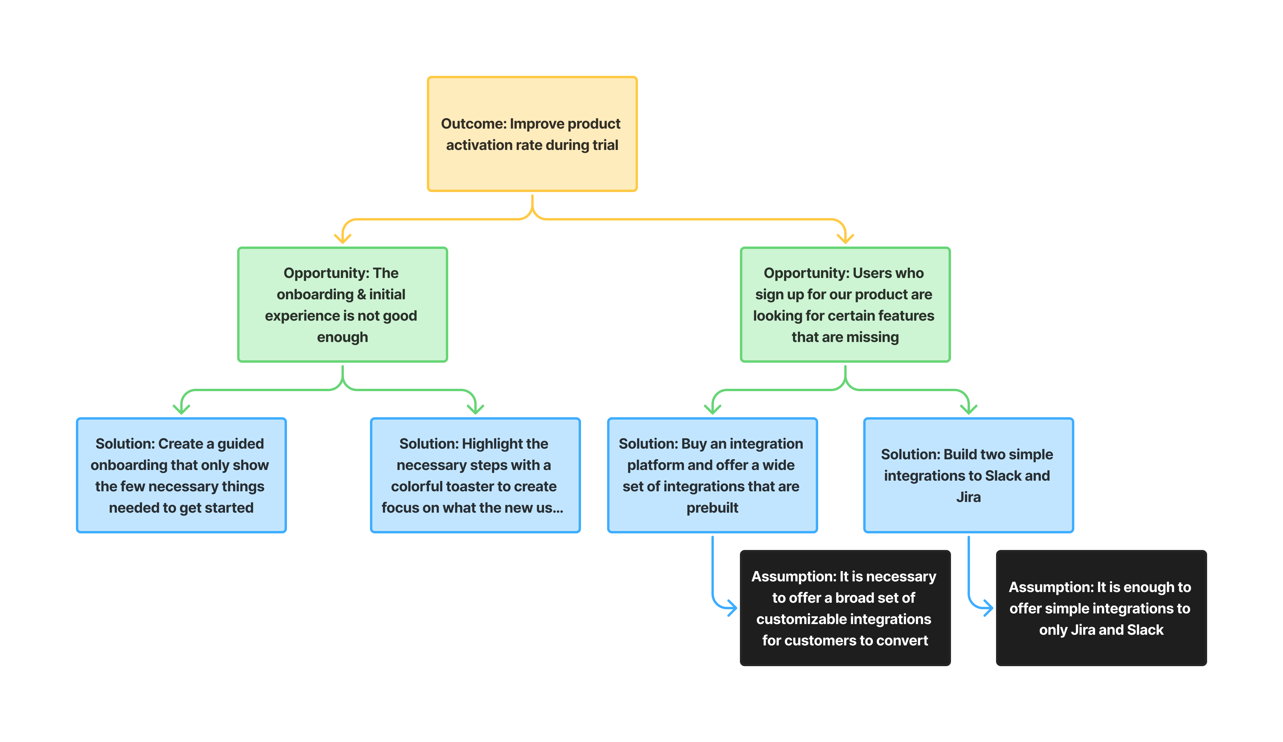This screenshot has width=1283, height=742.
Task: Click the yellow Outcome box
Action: click(x=532, y=134)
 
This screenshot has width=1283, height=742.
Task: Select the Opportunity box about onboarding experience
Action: click(x=342, y=304)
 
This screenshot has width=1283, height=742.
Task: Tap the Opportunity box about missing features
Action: click(x=845, y=304)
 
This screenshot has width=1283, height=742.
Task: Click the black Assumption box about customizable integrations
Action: click(x=845, y=608)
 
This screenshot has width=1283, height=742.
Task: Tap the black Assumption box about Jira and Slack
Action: click(x=1101, y=608)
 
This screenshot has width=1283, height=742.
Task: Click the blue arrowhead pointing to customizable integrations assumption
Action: click(x=733, y=608)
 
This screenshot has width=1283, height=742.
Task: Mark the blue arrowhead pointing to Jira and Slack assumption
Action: click(x=989, y=608)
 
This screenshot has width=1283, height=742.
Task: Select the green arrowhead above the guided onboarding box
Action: click(x=181, y=410)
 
